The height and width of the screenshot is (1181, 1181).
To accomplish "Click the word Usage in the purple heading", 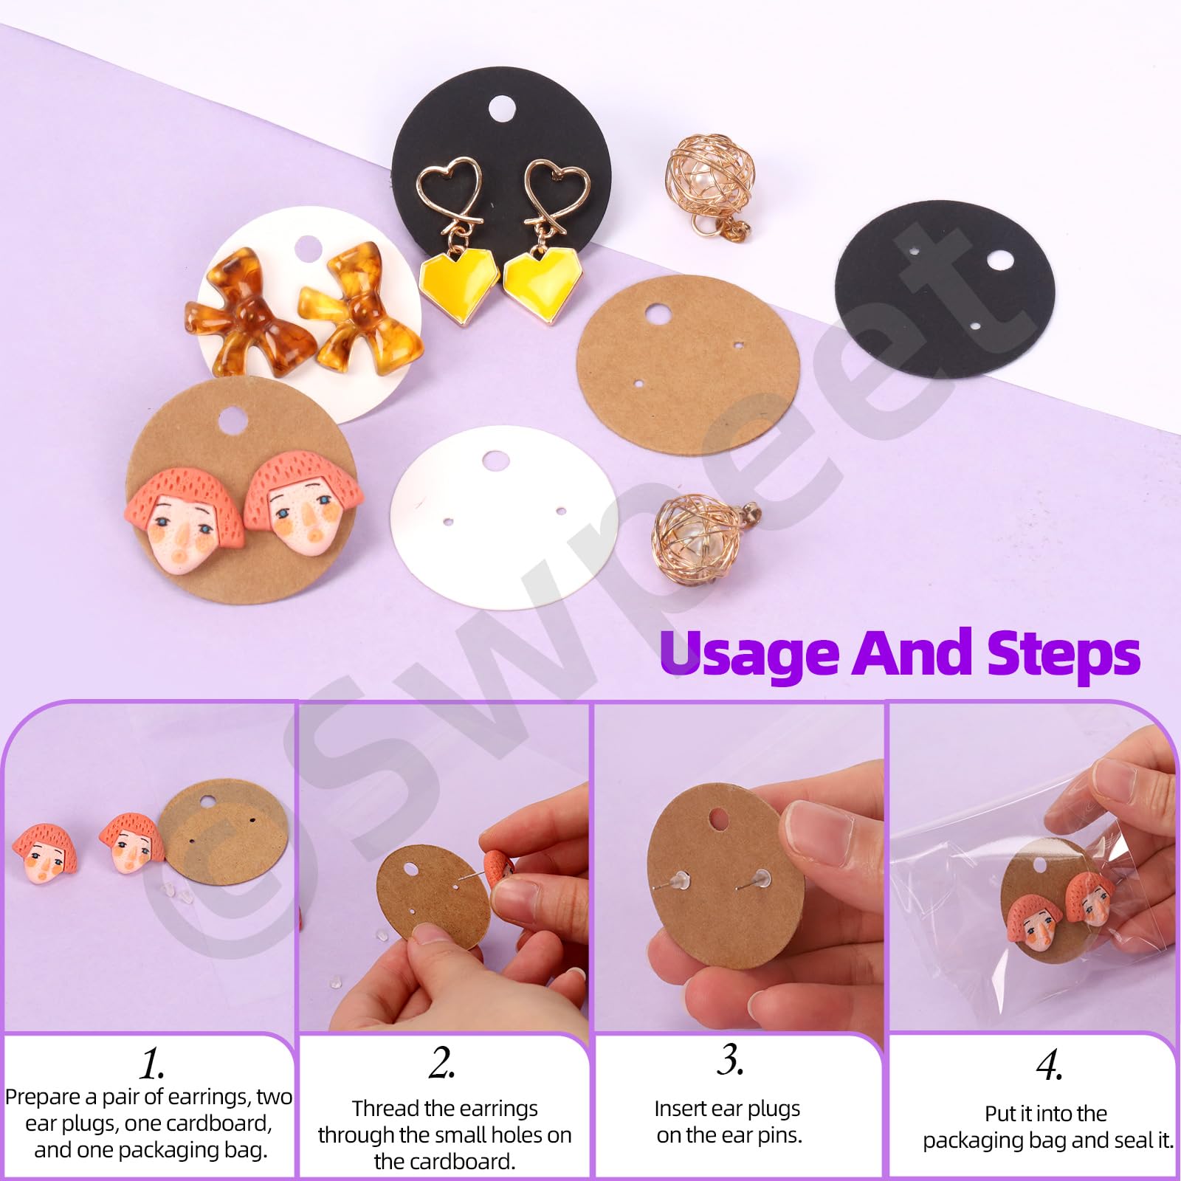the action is click(748, 653).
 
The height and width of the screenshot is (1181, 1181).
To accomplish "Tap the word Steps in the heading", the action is click(1064, 653).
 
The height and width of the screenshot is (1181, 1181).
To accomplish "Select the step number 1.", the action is click(152, 1064).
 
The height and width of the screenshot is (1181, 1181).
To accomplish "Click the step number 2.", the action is click(441, 1063).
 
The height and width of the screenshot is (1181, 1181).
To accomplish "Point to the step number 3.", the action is click(730, 1060).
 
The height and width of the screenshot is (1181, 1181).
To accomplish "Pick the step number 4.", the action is click(1050, 1065).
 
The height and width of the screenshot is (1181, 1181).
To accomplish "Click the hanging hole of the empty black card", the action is click(1000, 260).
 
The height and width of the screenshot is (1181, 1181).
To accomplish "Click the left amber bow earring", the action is click(241, 312).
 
